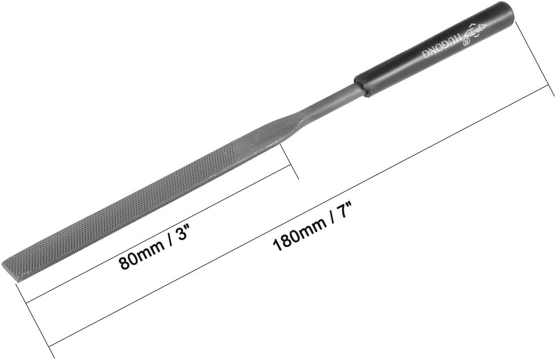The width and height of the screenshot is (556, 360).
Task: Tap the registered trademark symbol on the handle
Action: coord(465,42)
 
